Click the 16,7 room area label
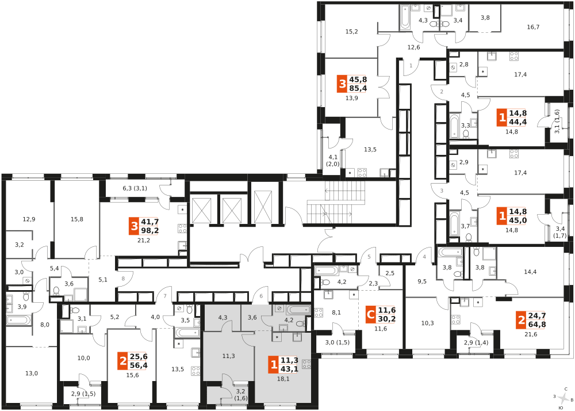coord(533,27)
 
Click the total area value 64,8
coord(537,324)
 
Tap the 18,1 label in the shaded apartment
coord(283,379)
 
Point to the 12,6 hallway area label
coord(413,47)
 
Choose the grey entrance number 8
coord(123,279)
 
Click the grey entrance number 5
coord(369,257)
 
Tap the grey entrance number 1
coord(411,66)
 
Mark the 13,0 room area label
coord(32,374)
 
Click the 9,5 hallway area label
coord(422,282)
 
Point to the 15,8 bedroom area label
coord(77,219)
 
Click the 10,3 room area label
coord(428,323)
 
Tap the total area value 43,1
coord(289,369)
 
